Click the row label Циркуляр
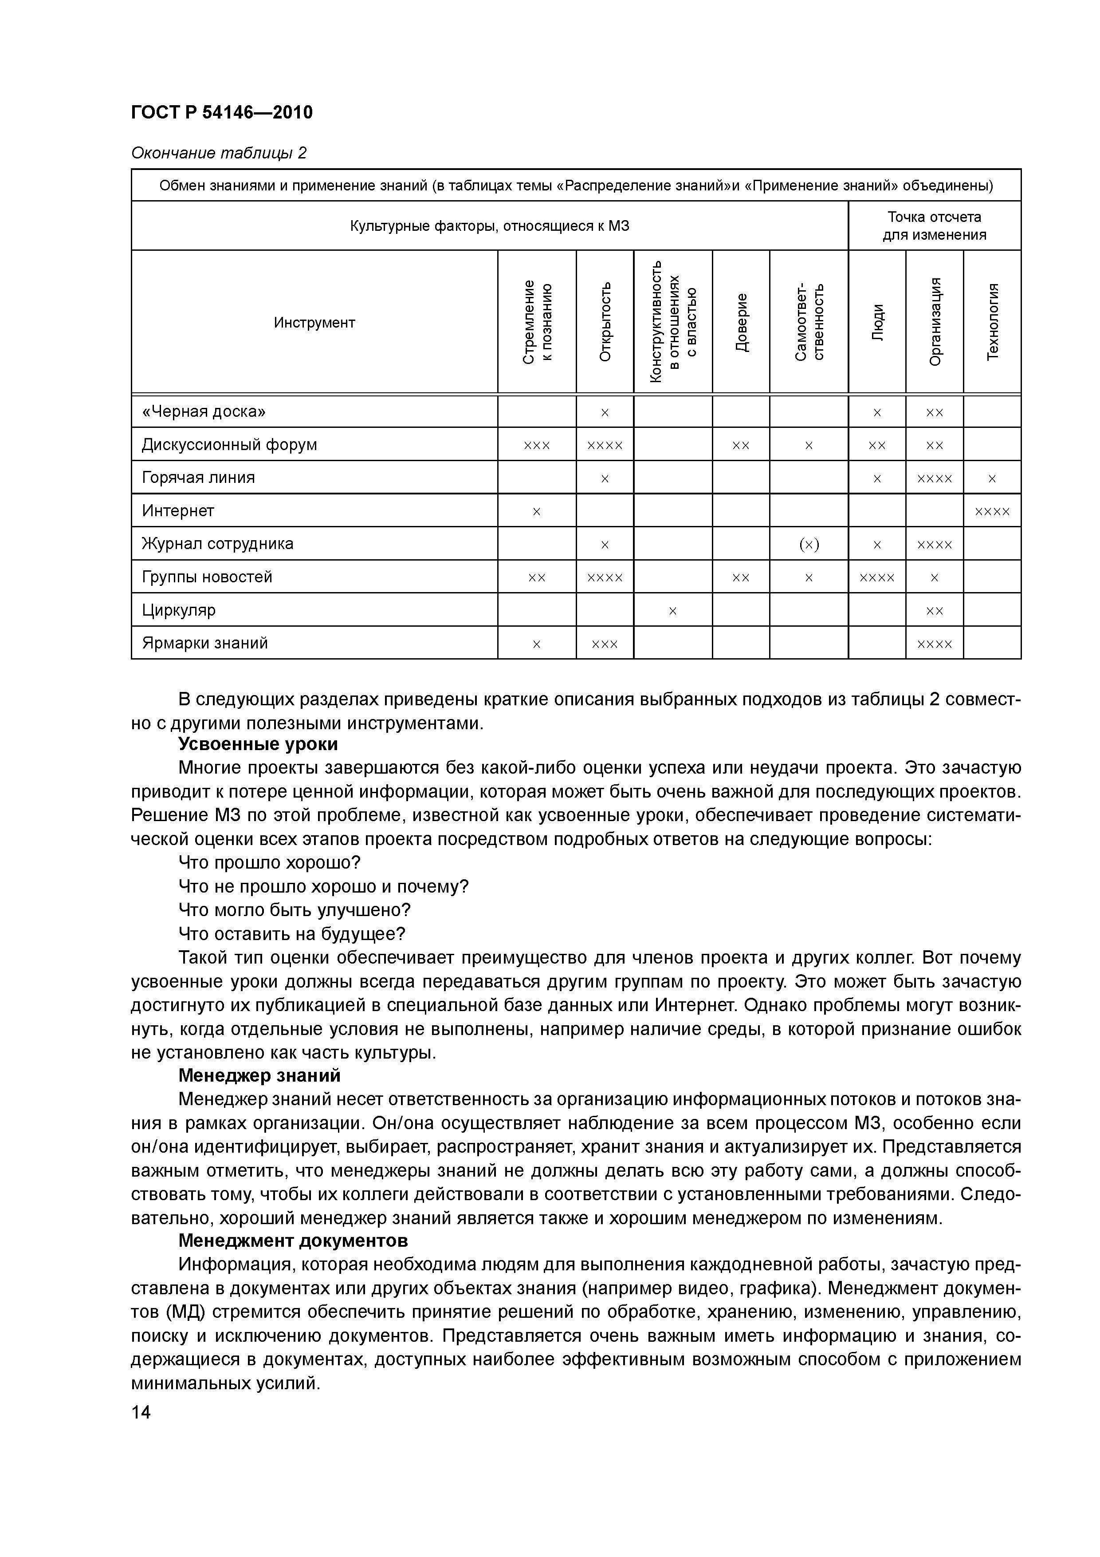178,610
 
